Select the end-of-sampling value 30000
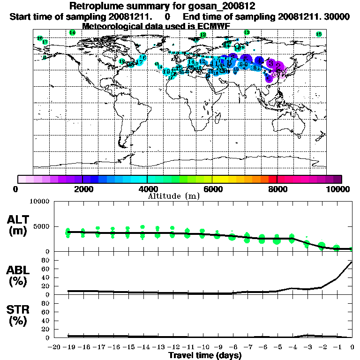click(337, 16)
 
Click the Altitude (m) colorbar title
click(174, 196)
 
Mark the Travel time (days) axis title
click(205, 355)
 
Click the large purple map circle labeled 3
click(270, 63)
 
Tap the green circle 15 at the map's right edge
click(319, 34)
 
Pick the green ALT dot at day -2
click(322, 245)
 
